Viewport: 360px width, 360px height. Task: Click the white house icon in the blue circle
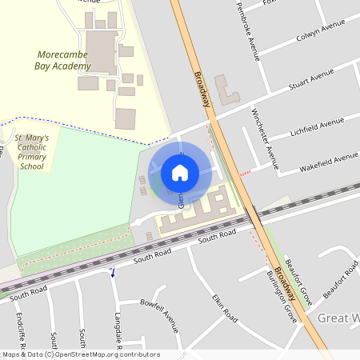click(180, 172)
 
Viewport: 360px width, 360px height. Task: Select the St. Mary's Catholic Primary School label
click(33, 152)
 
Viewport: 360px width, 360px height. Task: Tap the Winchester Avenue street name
click(265, 140)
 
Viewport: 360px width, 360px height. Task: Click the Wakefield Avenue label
click(328, 162)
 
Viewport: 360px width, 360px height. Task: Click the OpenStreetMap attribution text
click(80, 354)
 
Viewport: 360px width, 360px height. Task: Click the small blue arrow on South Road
click(113, 272)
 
